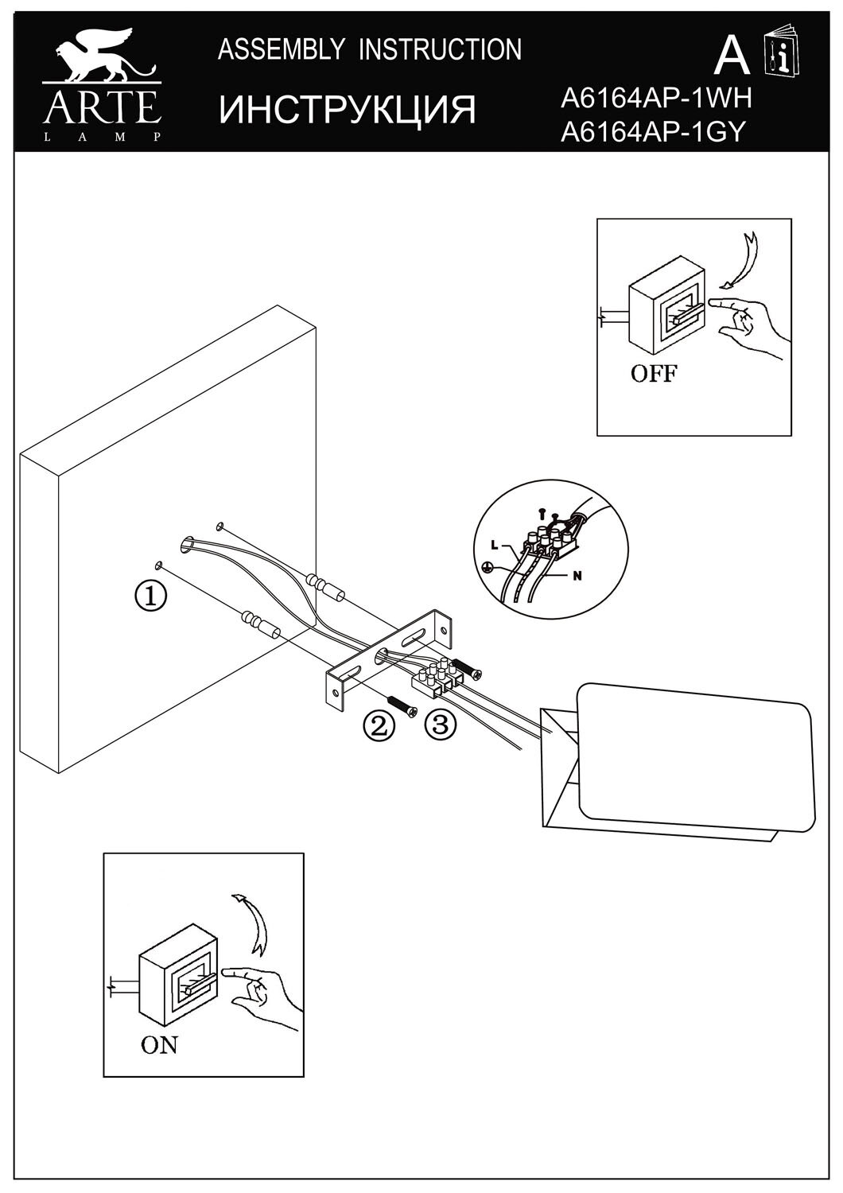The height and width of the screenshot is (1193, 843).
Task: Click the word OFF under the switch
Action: click(653, 373)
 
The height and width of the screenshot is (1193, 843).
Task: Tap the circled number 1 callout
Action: click(151, 595)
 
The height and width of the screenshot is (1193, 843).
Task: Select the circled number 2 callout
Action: click(379, 725)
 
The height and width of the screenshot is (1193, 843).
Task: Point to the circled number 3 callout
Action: click(441, 724)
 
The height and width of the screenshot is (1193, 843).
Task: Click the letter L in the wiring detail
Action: click(495, 545)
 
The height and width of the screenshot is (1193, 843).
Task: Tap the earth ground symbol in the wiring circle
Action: click(488, 568)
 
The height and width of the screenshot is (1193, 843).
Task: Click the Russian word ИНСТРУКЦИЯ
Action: click(348, 109)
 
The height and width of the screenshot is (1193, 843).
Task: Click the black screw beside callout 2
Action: click(404, 705)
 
